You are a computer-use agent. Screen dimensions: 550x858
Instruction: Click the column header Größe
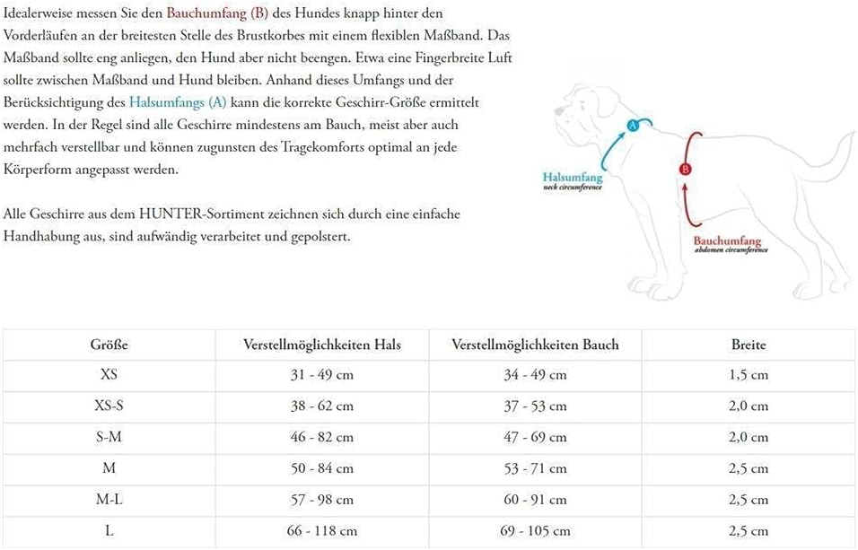coord(109,345)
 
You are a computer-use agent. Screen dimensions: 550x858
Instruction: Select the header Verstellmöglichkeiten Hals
coord(321,345)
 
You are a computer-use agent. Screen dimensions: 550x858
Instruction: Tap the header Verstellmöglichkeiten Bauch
coord(535,345)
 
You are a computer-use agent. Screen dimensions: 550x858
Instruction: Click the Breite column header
coord(749,345)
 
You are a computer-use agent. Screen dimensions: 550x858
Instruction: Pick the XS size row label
coord(109,375)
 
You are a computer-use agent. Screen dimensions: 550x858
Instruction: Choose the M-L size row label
coord(109,499)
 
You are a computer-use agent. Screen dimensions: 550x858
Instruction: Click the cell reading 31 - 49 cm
coord(321,375)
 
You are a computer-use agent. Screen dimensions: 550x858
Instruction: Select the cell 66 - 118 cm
coord(321,530)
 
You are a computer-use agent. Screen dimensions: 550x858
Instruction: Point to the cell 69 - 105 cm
coord(535,530)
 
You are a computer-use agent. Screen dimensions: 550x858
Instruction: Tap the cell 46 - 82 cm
coord(321,437)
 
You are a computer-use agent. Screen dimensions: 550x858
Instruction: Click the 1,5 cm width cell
coord(749,375)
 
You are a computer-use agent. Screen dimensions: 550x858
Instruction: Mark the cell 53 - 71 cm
coord(535,468)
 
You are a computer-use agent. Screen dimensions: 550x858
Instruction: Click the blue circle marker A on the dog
coord(632,126)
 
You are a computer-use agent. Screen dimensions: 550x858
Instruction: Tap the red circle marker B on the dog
coord(685,169)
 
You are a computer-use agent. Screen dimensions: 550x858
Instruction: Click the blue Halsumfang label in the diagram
coord(572,177)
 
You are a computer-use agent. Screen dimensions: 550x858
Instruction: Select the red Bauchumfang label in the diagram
coord(727,240)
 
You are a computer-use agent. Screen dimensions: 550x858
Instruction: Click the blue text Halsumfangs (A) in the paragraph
coord(178,102)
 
